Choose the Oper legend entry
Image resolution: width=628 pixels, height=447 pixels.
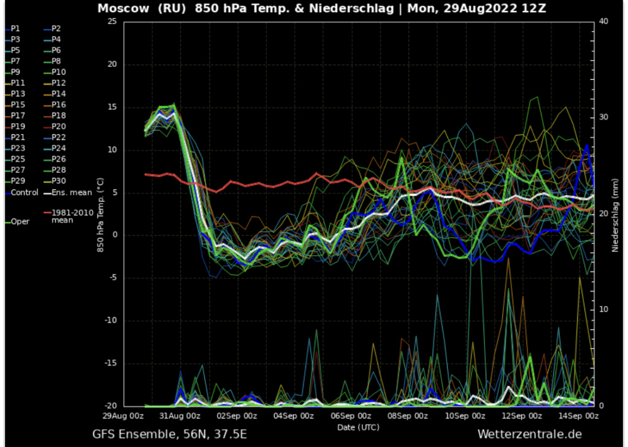pyautogui.click(x=20, y=222)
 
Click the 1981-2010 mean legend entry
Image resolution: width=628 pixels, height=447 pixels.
pyautogui.click(x=71, y=215)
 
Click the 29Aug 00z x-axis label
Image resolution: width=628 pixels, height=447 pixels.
pyautogui.click(x=123, y=415)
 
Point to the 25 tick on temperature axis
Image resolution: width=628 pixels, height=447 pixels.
pyautogui.click(x=112, y=21)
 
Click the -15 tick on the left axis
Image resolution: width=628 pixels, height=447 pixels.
pyautogui.click(x=110, y=364)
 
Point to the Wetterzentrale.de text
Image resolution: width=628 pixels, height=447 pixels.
pyautogui.click(x=529, y=434)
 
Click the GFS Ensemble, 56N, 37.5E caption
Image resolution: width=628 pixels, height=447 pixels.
pyautogui.click(x=170, y=434)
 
